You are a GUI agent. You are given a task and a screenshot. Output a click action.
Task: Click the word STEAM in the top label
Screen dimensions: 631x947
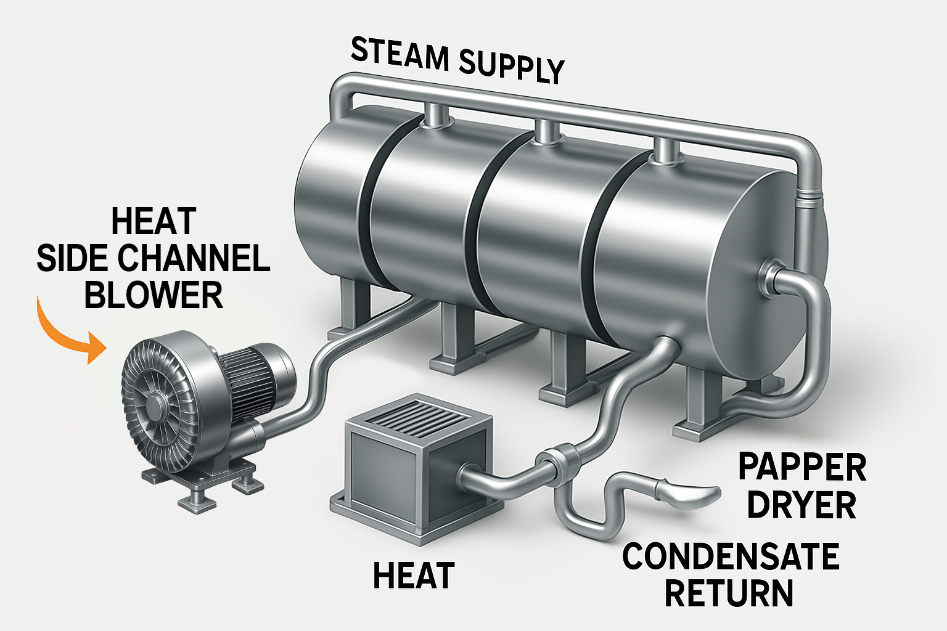coord(400,54)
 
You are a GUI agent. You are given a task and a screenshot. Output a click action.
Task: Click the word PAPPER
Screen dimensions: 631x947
coord(802,467)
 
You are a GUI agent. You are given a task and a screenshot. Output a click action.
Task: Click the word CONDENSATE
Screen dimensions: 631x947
coord(731,556)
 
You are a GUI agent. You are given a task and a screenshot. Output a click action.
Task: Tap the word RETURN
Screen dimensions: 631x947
coord(729,592)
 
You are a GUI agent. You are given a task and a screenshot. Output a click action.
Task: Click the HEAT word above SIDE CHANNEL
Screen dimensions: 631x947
coord(154,222)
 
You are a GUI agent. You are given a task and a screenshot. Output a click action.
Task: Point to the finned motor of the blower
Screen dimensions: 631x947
coord(250,370)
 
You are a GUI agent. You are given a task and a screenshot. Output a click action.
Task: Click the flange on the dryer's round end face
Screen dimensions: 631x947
coord(769,271)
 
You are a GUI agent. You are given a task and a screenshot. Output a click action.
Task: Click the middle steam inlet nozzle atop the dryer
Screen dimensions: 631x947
coord(546,131)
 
